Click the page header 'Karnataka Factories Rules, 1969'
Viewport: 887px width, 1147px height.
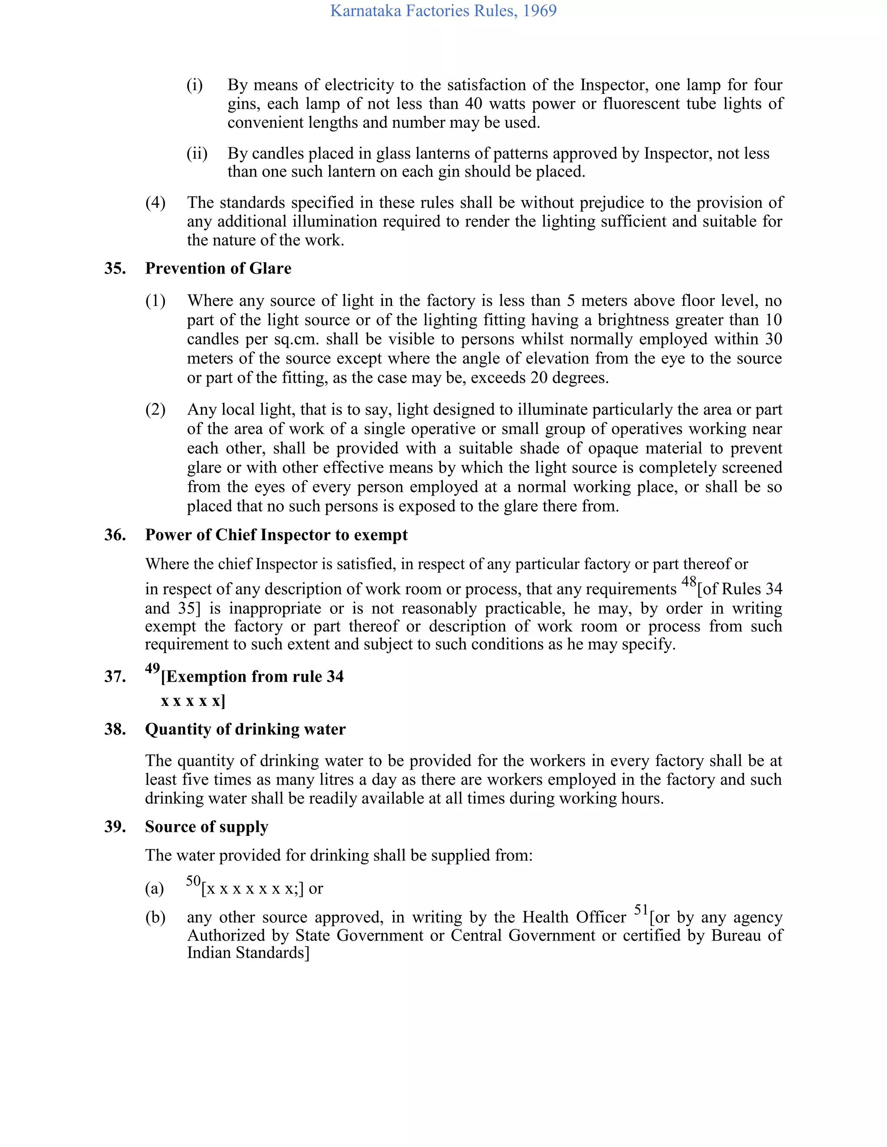pos(443,11)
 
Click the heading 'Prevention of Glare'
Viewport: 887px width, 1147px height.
pos(218,268)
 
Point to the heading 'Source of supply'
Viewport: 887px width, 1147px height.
pos(207,827)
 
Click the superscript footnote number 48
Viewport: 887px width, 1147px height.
pos(689,582)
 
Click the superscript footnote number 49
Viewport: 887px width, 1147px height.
pos(152,669)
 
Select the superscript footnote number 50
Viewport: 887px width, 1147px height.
pos(193,881)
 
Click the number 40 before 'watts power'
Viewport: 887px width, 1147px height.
pos(473,104)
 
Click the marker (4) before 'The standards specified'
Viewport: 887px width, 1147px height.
pos(155,203)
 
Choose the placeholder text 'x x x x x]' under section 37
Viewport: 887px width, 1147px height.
pos(193,701)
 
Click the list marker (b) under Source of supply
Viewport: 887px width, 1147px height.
pos(155,918)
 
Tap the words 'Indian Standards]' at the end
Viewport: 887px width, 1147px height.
pos(248,953)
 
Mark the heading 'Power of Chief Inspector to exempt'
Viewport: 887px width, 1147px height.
pos(276,535)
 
